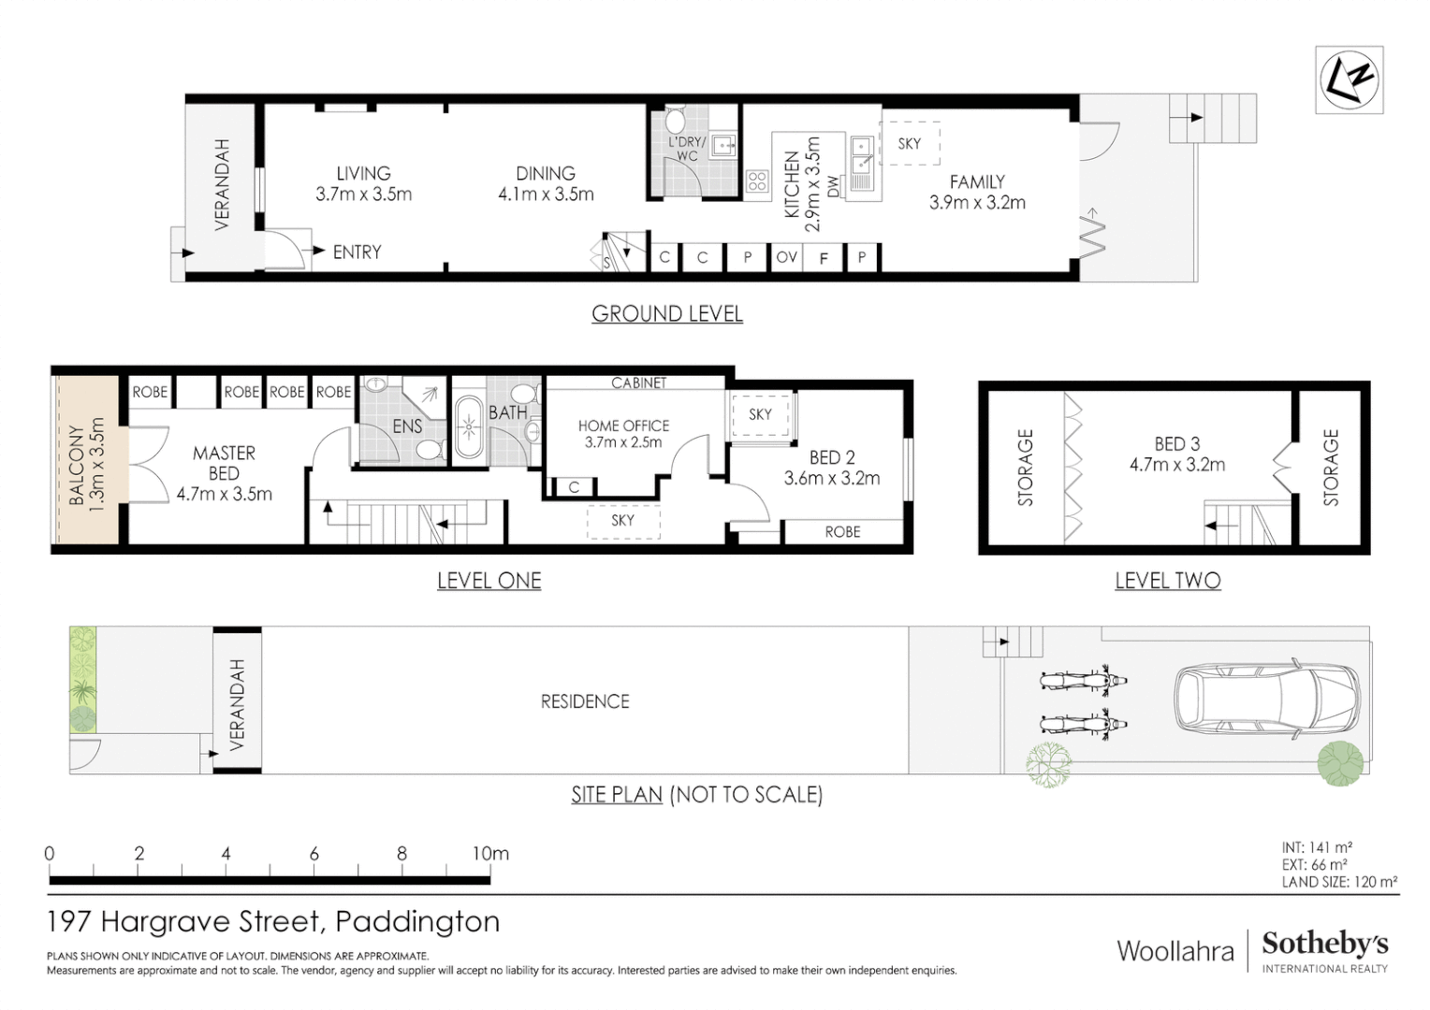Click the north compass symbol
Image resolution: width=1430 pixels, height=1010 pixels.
click(x=1349, y=79)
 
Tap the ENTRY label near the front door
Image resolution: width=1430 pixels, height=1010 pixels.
click(x=357, y=252)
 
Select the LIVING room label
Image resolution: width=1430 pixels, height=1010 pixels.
click(x=363, y=173)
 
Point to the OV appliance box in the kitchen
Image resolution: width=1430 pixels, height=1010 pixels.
click(x=786, y=257)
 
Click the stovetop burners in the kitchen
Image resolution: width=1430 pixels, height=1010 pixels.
click(x=757, y=181)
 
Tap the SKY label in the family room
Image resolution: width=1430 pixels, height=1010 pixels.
click(x=909, y=143)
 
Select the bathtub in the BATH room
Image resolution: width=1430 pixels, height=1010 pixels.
click(x=469, y=428)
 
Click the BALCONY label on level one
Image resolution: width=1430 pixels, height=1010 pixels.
click(x=77, y=465)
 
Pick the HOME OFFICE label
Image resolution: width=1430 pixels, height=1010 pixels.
click(x=623, y=426)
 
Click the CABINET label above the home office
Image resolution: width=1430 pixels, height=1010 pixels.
click(x=638, y=382)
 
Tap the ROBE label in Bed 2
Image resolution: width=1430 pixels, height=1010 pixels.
click(x=842, y=531)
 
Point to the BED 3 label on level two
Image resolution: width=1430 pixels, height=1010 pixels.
click(x=1176, y=443)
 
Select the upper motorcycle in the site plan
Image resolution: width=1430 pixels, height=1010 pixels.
click(x=1083, y=680)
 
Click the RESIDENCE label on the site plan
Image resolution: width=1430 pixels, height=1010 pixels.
click(x=585, y=701)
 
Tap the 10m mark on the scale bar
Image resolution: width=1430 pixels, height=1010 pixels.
click(x=489, y=853)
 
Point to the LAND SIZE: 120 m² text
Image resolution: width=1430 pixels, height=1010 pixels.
click(x=1339, y=881)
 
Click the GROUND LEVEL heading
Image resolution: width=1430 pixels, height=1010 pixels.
click(x=666, y=314)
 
